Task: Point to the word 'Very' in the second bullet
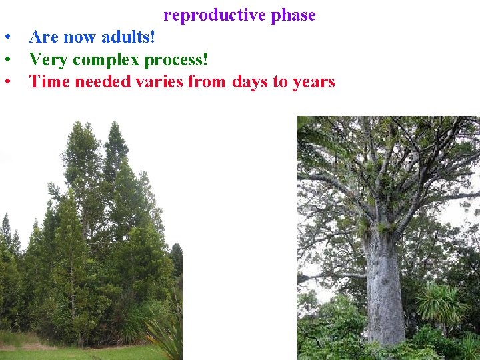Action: (48, 60)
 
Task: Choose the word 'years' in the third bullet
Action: (313, 82)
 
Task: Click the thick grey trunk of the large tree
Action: (385, 287)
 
